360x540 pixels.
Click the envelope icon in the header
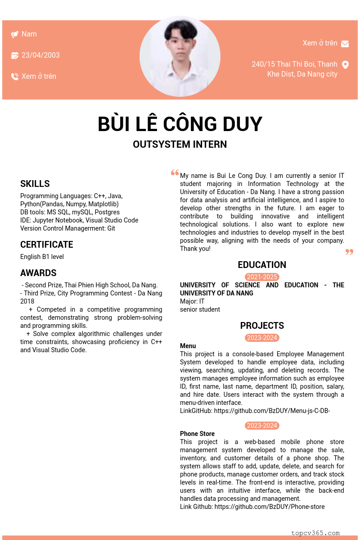pyautogui.click(x=345, y=44)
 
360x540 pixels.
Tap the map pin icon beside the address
pyautogui.click(x=346, y=65)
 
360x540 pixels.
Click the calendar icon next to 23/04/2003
pyautogui.click(x=15, y=55)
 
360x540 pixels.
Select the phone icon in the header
pyautogui.click(x=15, y=77)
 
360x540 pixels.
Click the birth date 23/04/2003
pyautogui.click(x=40, y=55)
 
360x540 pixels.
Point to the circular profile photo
pyautogui.click(x=180, y=56)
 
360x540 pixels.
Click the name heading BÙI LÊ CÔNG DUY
pyautogui.click(x=180, y=124)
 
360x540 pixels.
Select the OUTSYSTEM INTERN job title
pyautogui.click(x=180, y=145)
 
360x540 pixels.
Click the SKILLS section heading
pyautogui.click(x=35, y=184)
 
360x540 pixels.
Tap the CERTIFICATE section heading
pyautogui.click(x=47, y=245)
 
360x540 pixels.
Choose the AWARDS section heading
pyautogui.click(x=38, y=273)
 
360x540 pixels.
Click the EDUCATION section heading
pyautogui.click(x=262, y=265)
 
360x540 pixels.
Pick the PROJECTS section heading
pyautogui.click(x=262, y=326)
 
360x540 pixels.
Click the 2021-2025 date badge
pyautogui.click(x=262, y=277)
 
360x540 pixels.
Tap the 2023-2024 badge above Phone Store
pyautogui.click(x=262, y=426)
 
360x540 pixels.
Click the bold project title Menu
pyautogui.click(x=188, y=346)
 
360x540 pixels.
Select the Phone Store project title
pyautogui.click(x=197, y=434)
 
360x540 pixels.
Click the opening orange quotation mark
pyautogui.click(x=175, y=173)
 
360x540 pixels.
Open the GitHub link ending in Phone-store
pyautogui.click(x=269, y=507)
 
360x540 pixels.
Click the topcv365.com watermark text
pyautogui.click(x=315, y=533)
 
